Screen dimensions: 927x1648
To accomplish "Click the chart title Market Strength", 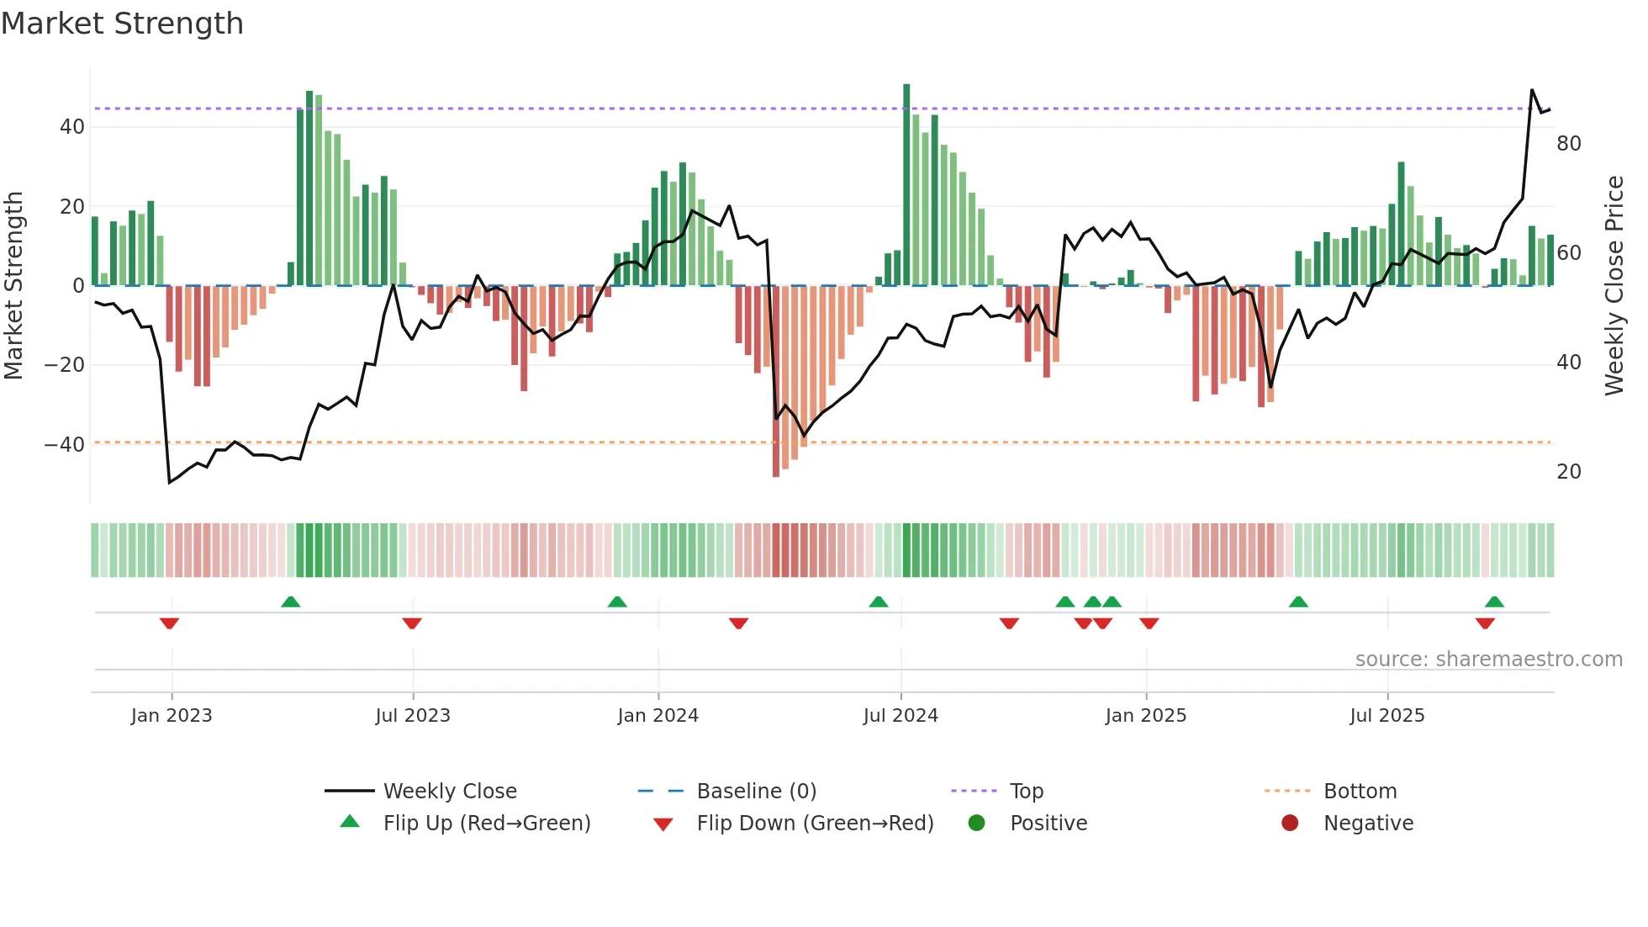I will click(122, 24).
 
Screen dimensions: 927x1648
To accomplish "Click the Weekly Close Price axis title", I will click(1614, 286).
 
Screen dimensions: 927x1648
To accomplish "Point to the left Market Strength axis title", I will click(13, 286).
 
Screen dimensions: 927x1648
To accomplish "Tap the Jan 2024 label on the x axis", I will click(658, 716).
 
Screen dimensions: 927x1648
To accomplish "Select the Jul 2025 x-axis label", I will click(1387, 716).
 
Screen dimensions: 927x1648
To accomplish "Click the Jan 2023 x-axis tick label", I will click(172, 716).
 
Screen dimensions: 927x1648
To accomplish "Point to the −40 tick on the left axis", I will click(65, 445).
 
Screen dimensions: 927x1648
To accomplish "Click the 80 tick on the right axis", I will click(1568, 144).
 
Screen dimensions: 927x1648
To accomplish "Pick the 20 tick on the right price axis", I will click(1568, 472).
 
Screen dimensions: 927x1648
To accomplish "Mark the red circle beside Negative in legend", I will click(1290, 824).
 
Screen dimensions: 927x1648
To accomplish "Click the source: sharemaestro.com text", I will click(1488, 659).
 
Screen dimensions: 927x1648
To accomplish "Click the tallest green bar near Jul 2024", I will click(906, 185).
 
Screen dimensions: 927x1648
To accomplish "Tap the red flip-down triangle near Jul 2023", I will click(412, 623).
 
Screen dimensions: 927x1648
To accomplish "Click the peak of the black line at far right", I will click(1532, 90).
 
